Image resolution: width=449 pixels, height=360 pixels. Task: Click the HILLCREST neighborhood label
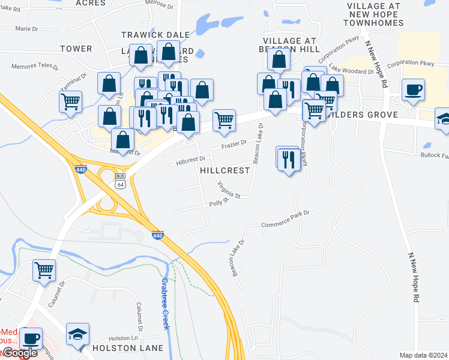(x=224, y=170)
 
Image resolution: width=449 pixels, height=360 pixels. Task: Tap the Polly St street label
(x=220, y=203)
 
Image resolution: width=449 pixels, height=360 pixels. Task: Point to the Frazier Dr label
(x=234, y=143)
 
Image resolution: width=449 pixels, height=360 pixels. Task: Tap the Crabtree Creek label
(x=165, y=304)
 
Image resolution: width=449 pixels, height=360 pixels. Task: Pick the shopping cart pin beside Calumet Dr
(x=44, y=271)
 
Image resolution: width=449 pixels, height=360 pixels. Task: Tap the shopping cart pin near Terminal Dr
(x=71, y=101)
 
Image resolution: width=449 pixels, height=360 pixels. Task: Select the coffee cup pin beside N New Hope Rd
(x=414, y=90)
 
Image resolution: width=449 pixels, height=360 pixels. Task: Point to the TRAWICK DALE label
(x=155, y=35)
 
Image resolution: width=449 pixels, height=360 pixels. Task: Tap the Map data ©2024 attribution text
(x=423, y=355)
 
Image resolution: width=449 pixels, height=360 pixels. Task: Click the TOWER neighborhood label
(x=76, y=49)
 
